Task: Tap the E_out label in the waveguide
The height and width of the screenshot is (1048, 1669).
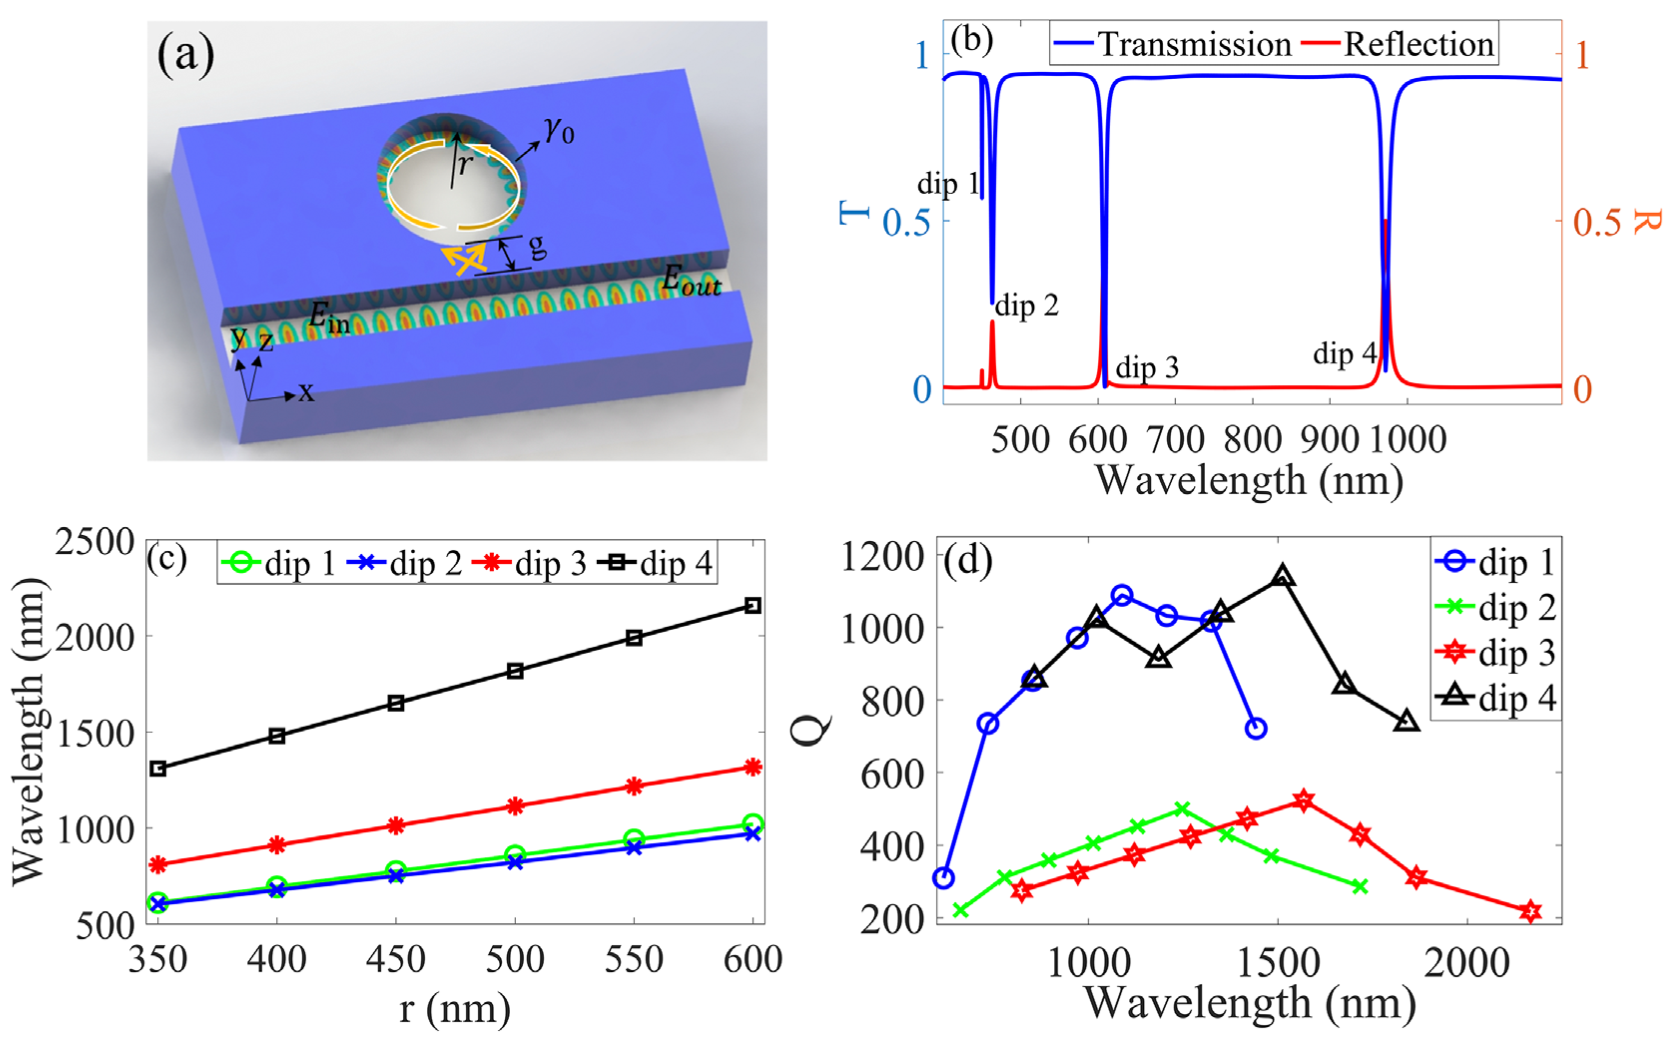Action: (691, 280)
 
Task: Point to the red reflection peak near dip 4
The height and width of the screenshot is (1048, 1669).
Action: (1385, 222)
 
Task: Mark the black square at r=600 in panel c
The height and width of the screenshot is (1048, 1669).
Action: (753, 606)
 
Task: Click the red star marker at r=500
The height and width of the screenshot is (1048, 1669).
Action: (514, 806)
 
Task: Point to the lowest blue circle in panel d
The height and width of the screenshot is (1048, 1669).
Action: (943, 878)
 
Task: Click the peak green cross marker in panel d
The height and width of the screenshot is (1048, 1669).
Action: (1182, 809)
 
